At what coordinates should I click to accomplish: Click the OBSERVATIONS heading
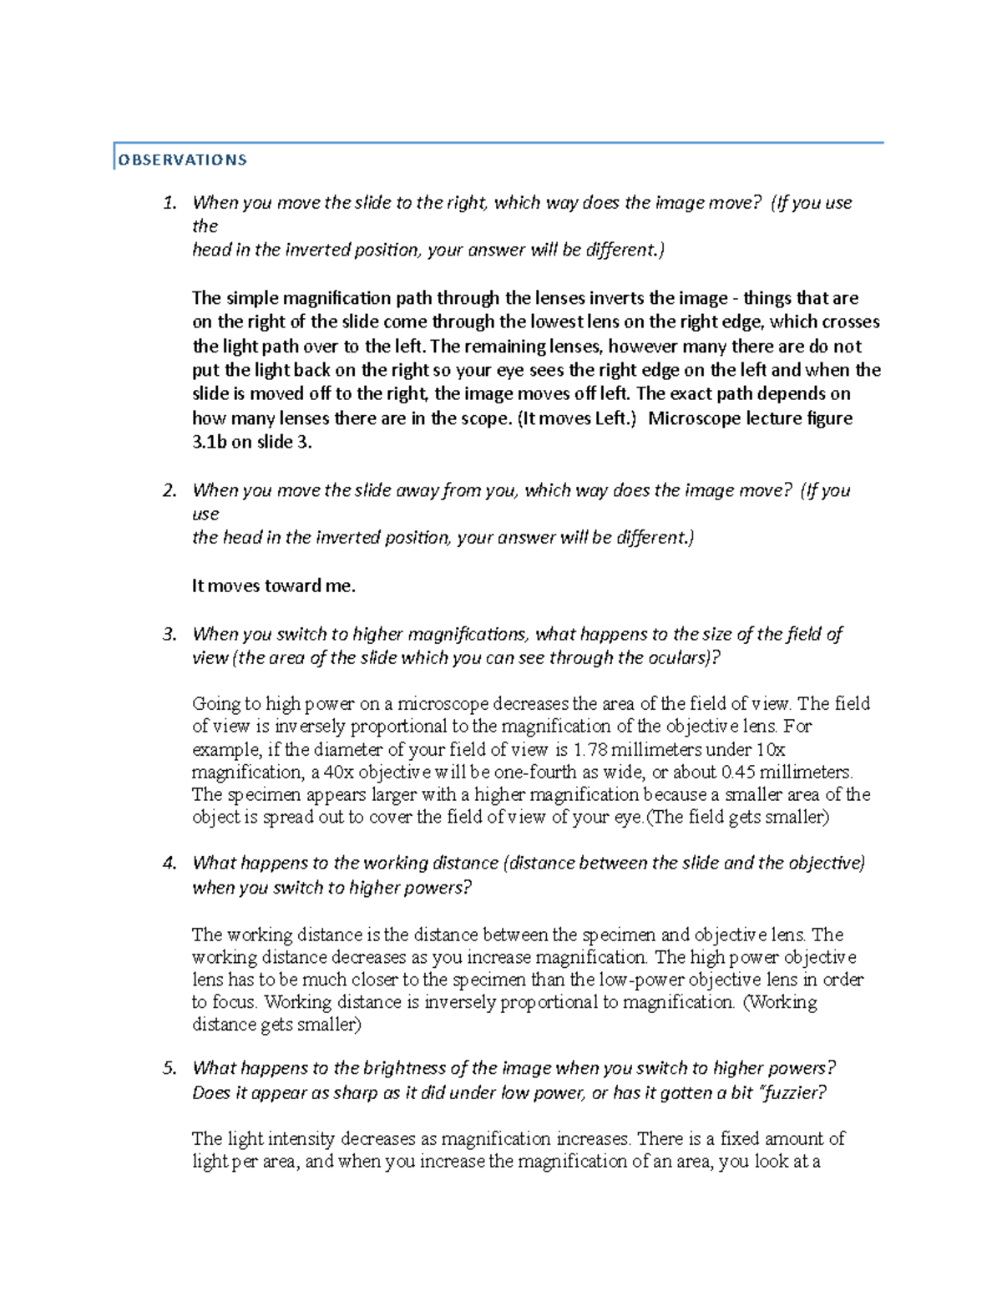[x=183, y=160]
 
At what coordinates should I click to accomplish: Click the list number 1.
[x=170, y=203]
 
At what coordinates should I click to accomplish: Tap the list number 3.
[x=170, y=635]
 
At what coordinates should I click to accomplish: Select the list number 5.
[x=170, y=1068]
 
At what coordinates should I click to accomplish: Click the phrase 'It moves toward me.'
[x=273, y=586]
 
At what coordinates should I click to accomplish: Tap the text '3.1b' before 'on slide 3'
[x=209, y=443]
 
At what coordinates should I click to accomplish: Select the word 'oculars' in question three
[x=678, y=658]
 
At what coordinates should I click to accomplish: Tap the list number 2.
[x=170, y=491]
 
